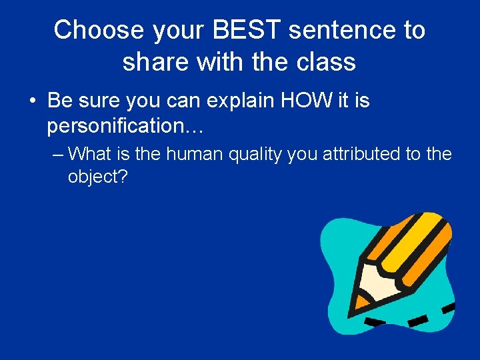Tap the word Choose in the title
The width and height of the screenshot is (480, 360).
[x=99, y=30]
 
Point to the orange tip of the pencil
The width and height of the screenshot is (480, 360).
[x=360, y=305]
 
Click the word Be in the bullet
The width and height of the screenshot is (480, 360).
[x=59, y=101]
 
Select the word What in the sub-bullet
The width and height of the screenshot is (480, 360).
[x=90, y=155]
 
